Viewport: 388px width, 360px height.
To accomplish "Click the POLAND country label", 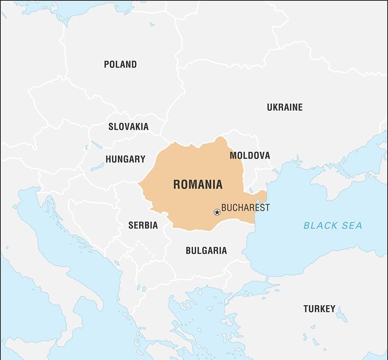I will click(120, 64).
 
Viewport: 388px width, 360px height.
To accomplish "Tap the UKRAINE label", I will click(285, 107).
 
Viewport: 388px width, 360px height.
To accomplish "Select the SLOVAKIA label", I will click(128, 127).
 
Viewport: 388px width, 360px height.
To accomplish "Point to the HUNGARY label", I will click(125, 159).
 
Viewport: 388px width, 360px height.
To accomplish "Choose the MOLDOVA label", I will click(250, 155).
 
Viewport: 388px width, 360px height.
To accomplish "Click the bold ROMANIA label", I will click(198, 185).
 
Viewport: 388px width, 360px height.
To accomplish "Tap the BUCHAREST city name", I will click(245, 208).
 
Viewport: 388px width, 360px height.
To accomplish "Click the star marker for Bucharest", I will click(217, 212).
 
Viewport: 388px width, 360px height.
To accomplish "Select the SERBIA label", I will click(143, 225).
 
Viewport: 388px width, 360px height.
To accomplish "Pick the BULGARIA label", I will click(206, 250).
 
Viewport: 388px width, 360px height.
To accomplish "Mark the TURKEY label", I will click(319, 309).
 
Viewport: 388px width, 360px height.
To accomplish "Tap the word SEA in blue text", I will click(353, 225).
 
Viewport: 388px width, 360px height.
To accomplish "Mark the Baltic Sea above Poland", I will click(86, 9).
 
